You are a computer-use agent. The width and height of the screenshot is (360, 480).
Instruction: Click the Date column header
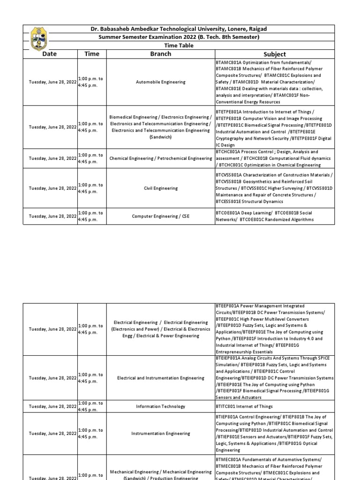point(50,54)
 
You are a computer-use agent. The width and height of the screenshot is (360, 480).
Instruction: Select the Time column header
point(92,54)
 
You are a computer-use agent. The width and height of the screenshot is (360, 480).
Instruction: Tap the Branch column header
point(160,54)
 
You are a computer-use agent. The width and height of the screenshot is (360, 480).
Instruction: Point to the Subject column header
point(275,54)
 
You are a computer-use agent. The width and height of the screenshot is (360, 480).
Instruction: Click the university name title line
point(178,29)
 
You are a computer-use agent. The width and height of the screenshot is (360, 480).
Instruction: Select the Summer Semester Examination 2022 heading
point(178,37)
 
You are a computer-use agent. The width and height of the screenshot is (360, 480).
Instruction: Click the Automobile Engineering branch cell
point(160,82)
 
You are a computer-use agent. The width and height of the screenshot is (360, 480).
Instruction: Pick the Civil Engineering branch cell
point(160,188)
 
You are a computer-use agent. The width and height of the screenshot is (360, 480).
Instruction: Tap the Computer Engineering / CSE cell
point(160,216)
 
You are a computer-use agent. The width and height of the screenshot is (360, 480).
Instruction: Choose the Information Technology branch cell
point(160,406)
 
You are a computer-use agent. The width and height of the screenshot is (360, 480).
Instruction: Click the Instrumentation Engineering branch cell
point(160,434)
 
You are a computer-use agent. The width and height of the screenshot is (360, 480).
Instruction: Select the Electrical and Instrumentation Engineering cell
point(160,378)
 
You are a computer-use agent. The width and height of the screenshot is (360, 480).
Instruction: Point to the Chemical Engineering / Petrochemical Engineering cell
point(160,158)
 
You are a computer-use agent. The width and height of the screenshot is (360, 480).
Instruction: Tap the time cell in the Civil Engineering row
point(92,188)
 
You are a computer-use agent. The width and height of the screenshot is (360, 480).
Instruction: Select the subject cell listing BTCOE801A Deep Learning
point(274,216)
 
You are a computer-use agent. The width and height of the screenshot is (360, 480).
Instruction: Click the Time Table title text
point(178,45)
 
